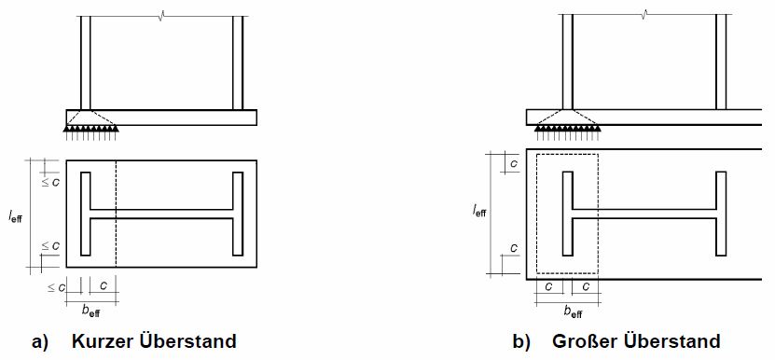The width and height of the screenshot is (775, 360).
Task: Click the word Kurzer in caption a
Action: tap(102, 341)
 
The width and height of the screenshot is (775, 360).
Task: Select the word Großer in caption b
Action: tap(581, 341)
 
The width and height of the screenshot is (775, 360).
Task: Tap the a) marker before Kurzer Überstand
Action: tap(40, 341)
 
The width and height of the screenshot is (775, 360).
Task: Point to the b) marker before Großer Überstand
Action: tap(521, 341)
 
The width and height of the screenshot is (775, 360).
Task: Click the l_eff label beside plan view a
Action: tap(15, 216)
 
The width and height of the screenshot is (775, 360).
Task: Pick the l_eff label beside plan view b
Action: tap(479, 211)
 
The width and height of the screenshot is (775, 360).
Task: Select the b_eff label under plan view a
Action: tap(91, 312)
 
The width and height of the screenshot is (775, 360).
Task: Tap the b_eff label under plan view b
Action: tap(574, 312)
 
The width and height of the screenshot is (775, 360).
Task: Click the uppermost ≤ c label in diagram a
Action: tap(50, 182)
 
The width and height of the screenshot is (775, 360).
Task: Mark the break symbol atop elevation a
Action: tap(161, 16)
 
